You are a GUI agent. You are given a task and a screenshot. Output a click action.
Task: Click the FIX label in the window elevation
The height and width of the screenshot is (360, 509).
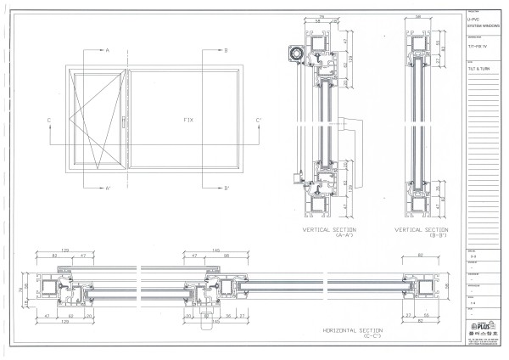[188, 120]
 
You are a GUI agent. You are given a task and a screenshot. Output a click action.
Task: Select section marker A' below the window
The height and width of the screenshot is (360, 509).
[108, 188]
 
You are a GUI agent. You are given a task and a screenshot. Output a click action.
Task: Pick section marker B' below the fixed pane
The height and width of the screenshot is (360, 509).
[226, 188]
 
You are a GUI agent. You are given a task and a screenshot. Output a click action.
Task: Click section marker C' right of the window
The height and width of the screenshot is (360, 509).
[259, 121]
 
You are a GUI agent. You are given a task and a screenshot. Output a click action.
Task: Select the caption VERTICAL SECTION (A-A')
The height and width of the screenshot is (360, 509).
[329, 232]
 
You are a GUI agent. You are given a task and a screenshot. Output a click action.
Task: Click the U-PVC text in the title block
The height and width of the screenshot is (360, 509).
[475, 18]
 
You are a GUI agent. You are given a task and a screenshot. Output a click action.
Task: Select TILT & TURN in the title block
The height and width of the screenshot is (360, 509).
[479, 71]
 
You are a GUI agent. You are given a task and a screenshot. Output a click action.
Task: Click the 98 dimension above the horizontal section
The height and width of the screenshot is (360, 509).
[227, 255]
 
